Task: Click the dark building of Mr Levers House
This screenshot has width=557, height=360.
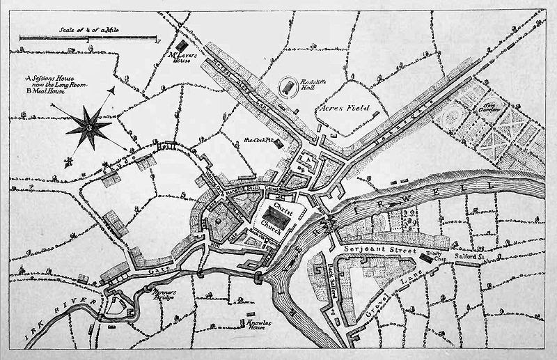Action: (x=182, y=45)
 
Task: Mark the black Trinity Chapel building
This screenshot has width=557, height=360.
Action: (x=425, y=258)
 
